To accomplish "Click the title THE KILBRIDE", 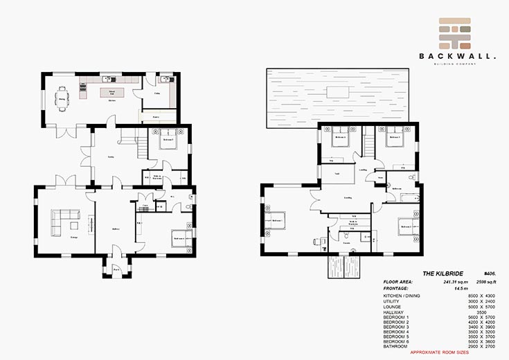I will pyautogui.click(x=403, y=274).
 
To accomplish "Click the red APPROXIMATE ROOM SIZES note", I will pyautogui.click(x=439, y=352).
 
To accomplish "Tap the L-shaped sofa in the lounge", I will pyautogui.click(x=63, y=222).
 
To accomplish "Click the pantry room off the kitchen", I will pyautogui.click(x=157, y=117).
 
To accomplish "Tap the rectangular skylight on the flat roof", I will pyautogui.click(x=338, y=91).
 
